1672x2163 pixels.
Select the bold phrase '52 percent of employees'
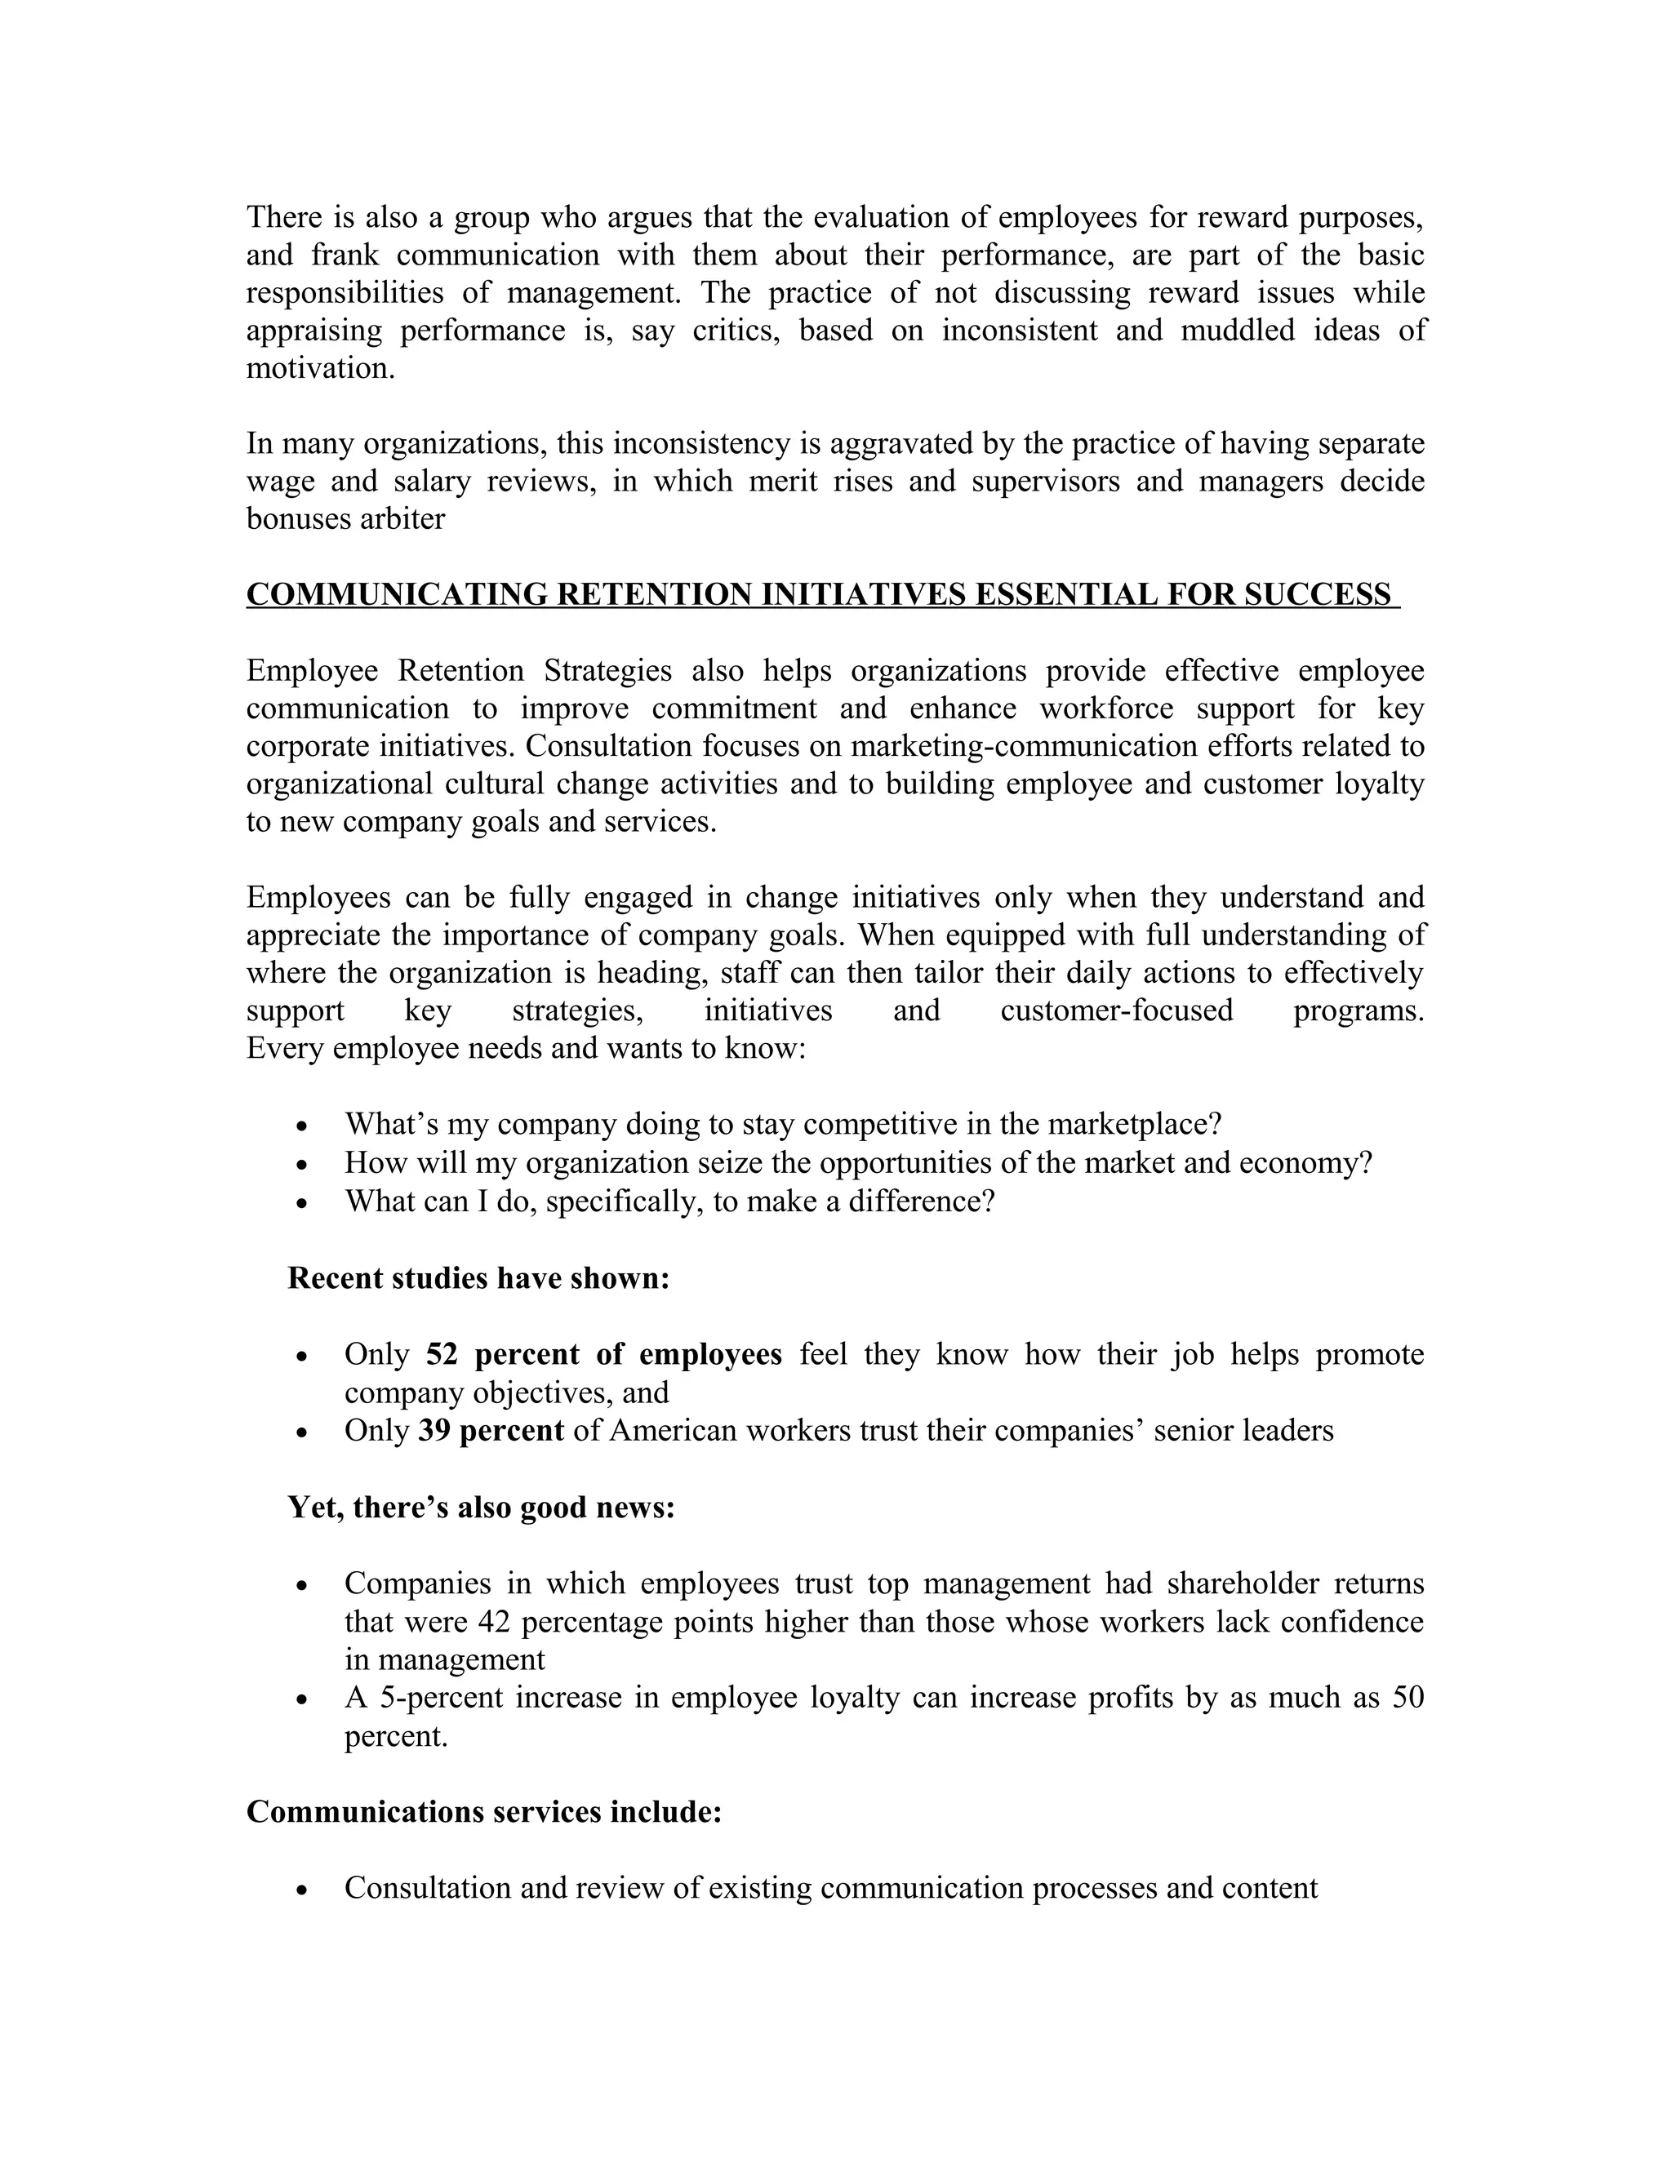pos(604,1354)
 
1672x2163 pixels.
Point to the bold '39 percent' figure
pos(491,1430)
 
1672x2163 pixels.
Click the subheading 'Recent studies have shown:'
pos(479,1277)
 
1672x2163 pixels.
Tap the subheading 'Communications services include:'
pos(484,1810)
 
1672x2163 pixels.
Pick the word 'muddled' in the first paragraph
pos(1237,330)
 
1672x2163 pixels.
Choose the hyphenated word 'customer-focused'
pos(1116,1010)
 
